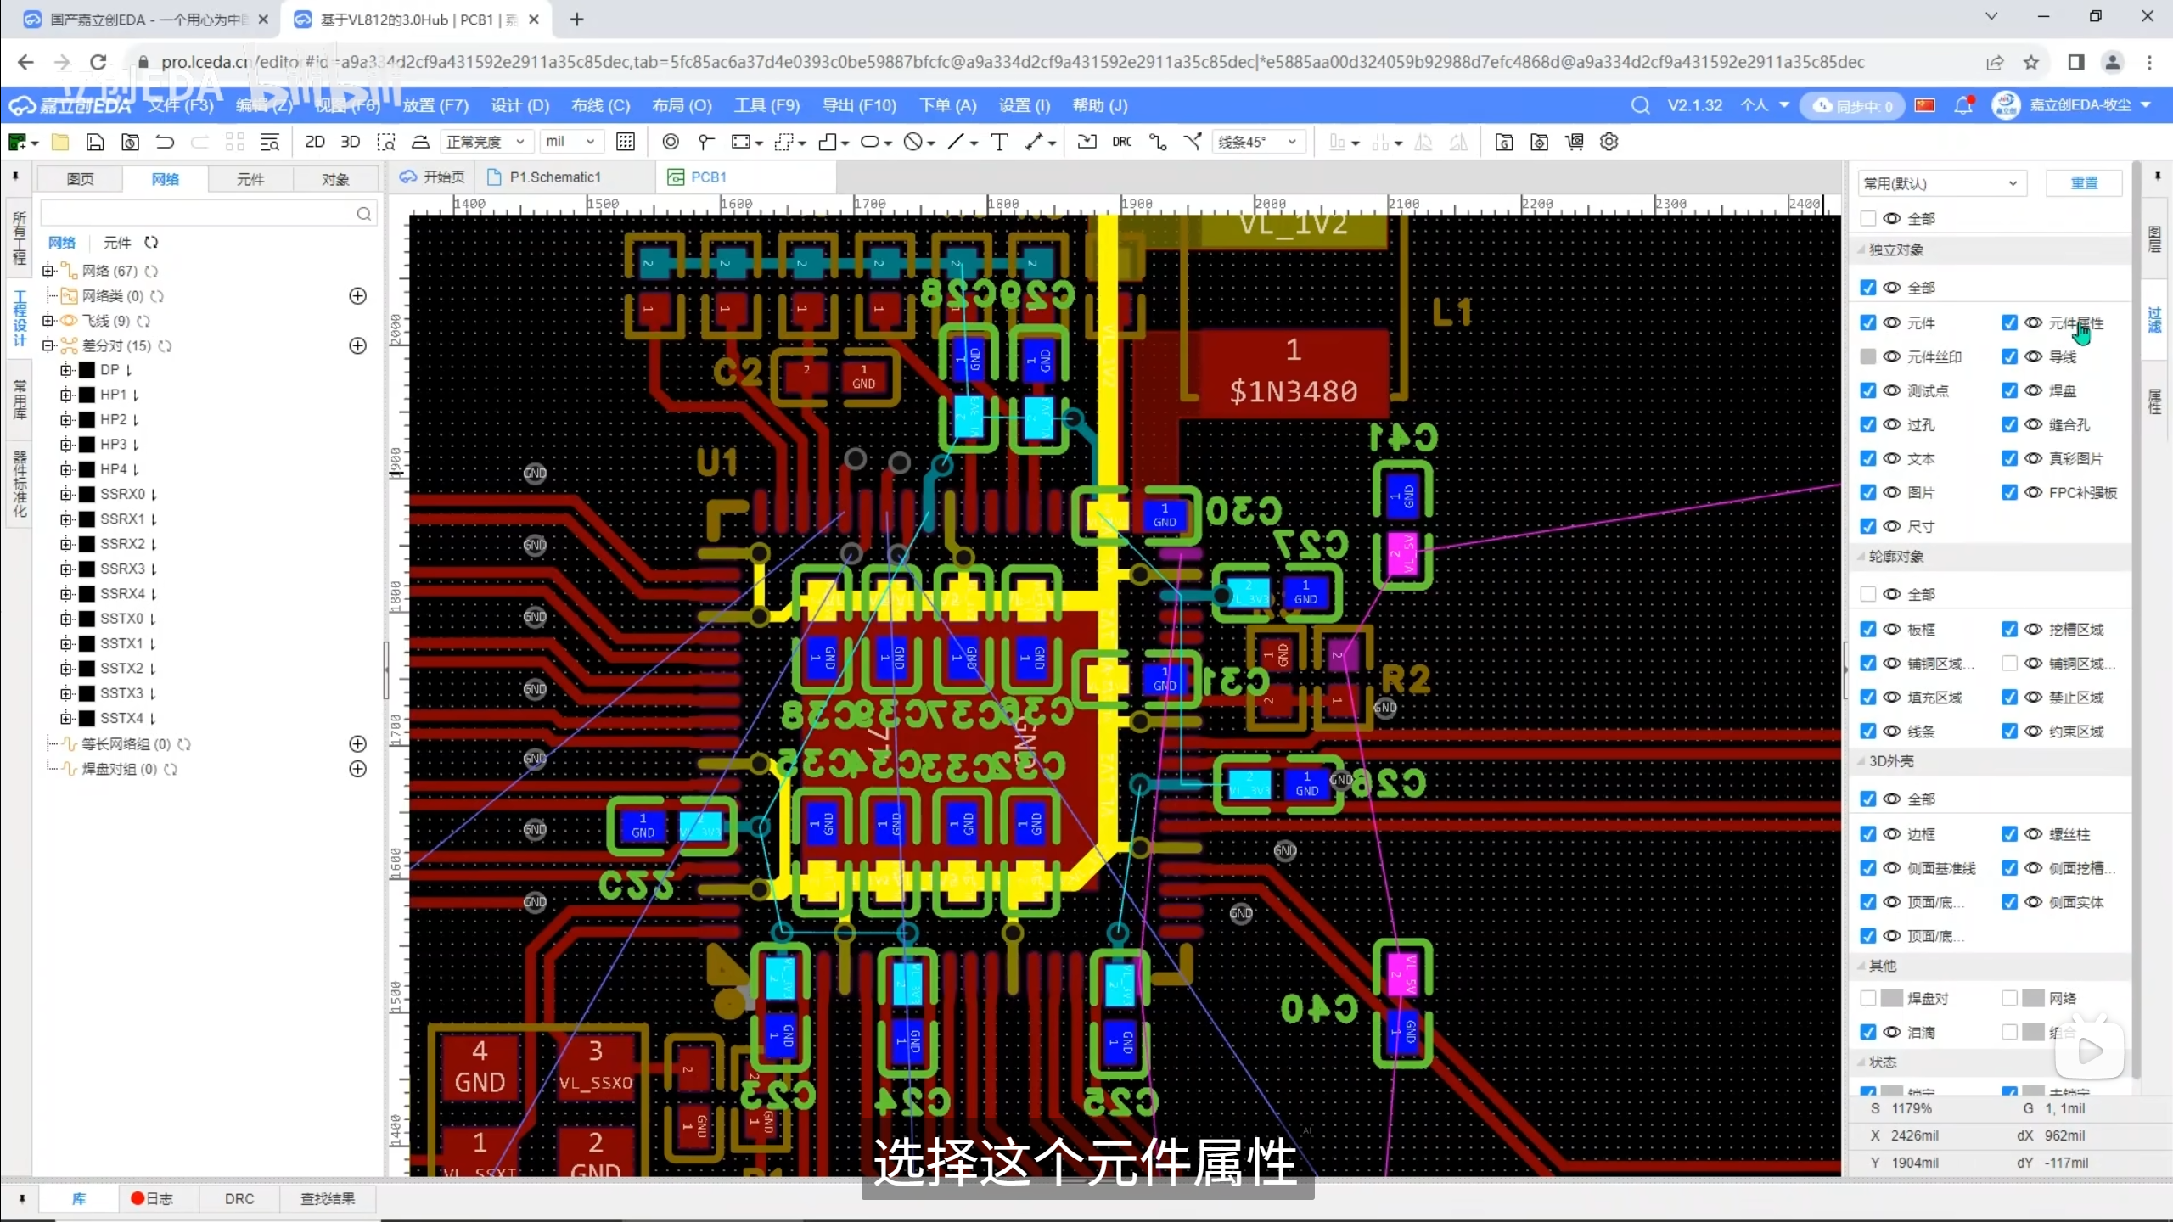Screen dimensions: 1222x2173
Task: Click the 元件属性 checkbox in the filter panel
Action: click(x=2009, y=323)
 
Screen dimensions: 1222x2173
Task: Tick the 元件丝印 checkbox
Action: click(x=1868, y=357)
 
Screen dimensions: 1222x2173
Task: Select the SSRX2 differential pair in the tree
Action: click(x=121, y=544)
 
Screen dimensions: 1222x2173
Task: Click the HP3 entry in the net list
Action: click(x=113, y=445)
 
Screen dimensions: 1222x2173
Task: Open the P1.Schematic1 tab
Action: click(x=554, y=177)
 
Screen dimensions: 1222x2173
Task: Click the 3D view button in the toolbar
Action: click(x=350, y=142)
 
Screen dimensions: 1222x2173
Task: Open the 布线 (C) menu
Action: click(x=600, y=105)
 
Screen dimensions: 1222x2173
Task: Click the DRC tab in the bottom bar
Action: click(x=239, y=1198)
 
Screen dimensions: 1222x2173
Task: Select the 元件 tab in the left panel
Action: click(x=250, y=179)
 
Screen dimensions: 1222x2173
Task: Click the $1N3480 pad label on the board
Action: click(x=1293, y=391)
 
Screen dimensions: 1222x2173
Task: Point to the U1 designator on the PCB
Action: click(x=717, y=463)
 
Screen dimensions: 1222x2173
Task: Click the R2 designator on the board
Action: click(x=1406, y=679)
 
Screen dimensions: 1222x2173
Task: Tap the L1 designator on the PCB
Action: click(x=1451, y=312)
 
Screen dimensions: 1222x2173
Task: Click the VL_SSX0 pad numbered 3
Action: click(x=596, y=1067)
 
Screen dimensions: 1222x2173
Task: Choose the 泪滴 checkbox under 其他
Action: click(x=1868, y=1032)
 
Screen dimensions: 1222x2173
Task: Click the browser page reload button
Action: click(x=98, y=62)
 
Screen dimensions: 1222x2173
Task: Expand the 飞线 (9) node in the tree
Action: click(x=48, y=321)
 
